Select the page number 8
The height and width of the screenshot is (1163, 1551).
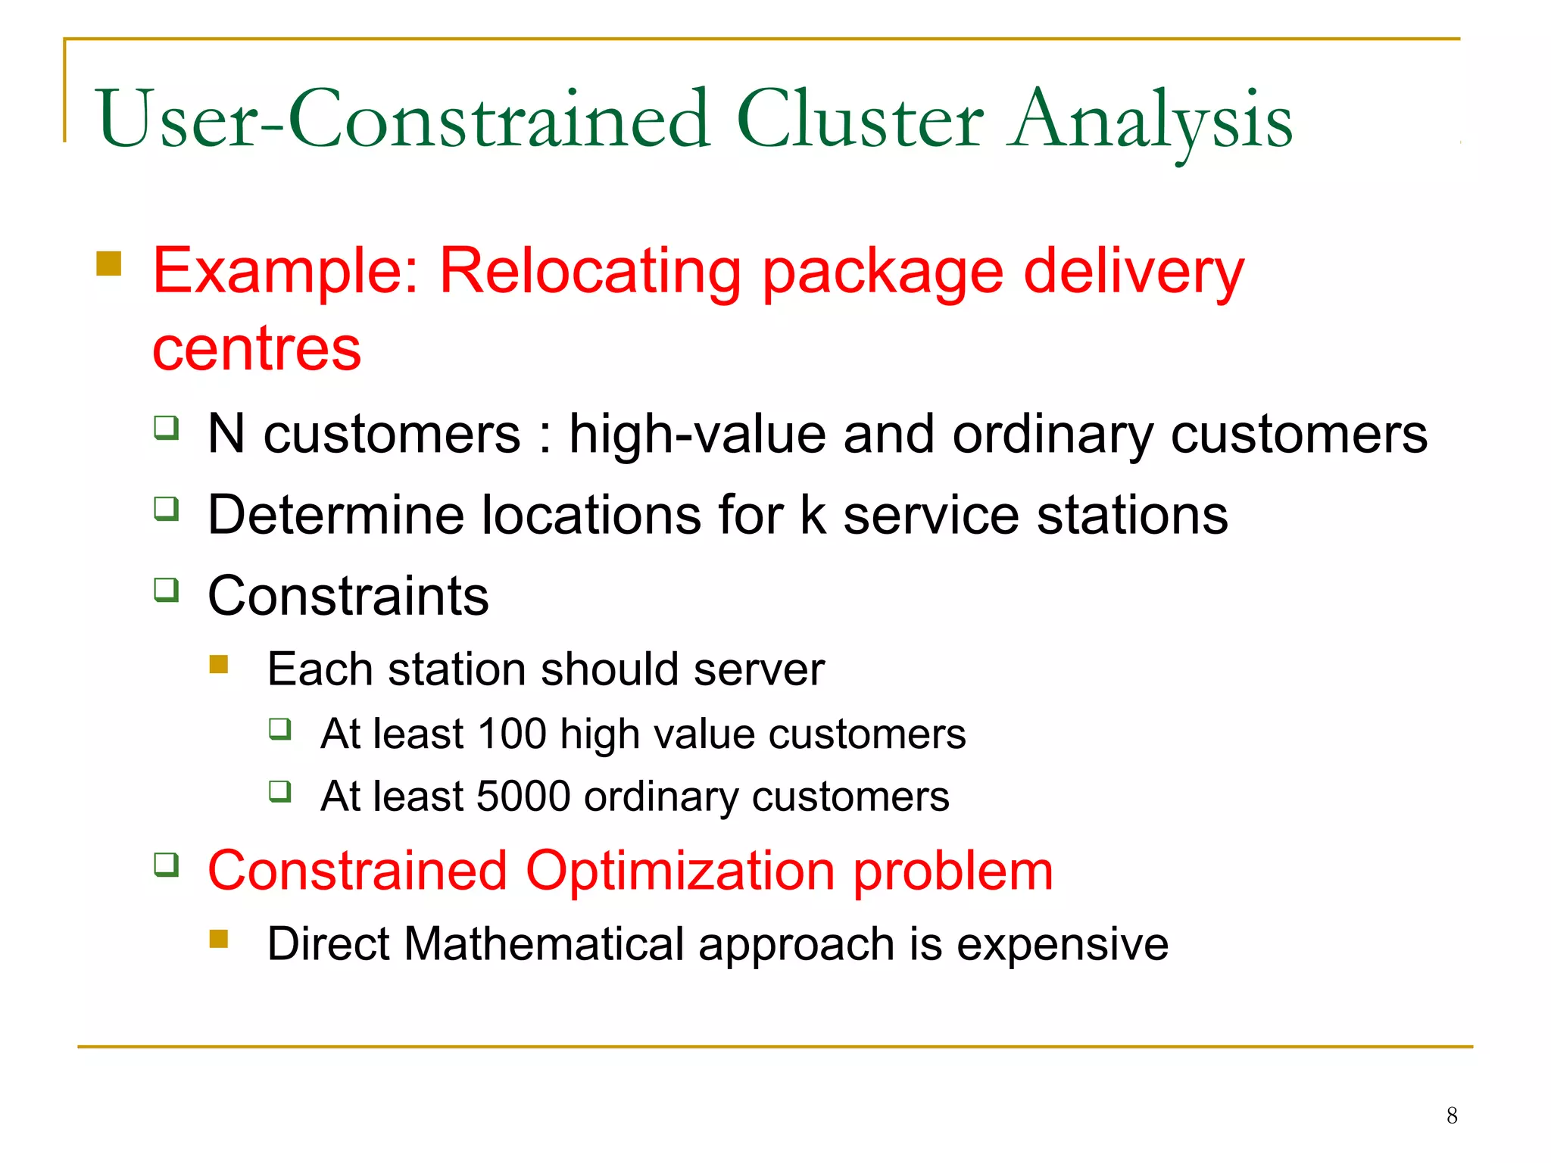tap(1451, 1115)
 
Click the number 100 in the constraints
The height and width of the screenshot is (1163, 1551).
tap(512, 734)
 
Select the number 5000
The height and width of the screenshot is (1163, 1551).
tap(523, 797)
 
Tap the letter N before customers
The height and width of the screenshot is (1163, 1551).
tap(226, 434)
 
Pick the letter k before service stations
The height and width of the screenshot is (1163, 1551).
tap(813, 515)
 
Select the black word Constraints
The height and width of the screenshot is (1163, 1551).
tap(348, 596)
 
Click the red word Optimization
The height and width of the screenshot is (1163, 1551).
tap(680, 871)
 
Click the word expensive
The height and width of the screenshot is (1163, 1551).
tap(1062, 944)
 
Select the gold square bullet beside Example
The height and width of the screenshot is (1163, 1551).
tap(109, 263)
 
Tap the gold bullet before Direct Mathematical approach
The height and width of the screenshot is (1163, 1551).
tap(219, 939)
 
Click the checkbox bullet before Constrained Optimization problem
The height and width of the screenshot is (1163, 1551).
tap(167, 864)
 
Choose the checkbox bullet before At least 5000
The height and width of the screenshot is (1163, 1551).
tap(280, 791)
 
